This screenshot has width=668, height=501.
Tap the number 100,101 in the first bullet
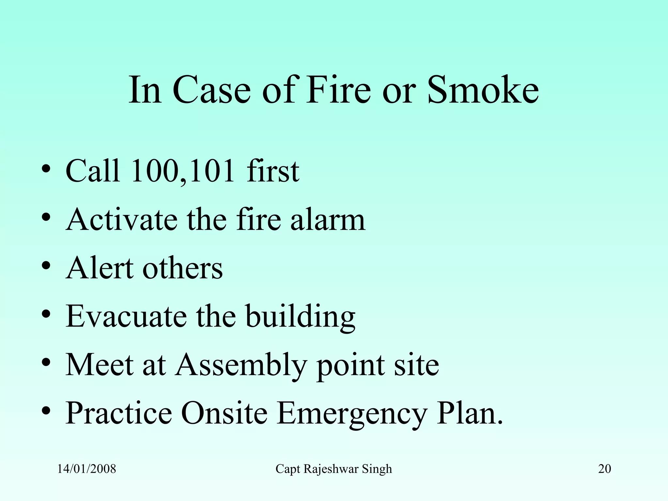coord(183,171)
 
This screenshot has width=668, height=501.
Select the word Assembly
coord(241,365)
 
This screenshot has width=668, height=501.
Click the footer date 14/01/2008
coord(86,469)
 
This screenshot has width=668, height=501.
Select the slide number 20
coord(604,469)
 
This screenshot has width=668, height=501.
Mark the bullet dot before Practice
coord(46,411)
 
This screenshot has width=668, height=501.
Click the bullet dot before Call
coord(46,169)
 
